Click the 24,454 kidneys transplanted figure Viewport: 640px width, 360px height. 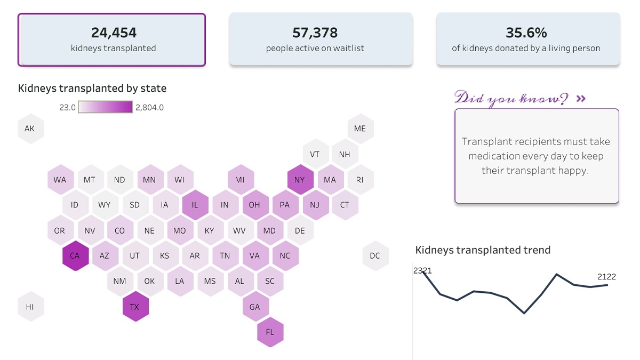click(114, 33)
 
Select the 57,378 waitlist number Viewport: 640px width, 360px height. click(315, 33)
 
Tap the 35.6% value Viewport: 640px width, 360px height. click(526, 33)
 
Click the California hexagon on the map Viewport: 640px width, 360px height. click(75, 255)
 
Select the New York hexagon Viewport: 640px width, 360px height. click(299, 180)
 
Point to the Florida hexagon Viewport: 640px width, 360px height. click(270, 332)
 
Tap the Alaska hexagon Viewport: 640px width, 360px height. click(30, 129)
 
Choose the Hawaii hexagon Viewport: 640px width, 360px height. click(30, 307)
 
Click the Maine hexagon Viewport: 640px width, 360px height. click(360, 129)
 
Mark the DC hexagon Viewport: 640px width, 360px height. click(375, 255)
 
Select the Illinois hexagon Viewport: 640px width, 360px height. click(195, 205)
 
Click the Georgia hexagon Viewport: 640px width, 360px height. click(255, 307)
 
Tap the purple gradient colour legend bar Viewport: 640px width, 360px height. click(106, 107)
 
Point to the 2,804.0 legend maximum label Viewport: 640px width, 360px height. click(149, 107)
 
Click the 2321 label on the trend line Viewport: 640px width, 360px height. click(422, 270)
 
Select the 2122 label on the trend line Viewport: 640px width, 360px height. click(606, 276)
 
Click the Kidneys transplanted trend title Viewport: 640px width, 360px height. click(483, 250)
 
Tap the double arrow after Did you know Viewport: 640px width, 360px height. click(581, 99)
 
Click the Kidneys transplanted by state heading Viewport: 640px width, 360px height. click(92, 88)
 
